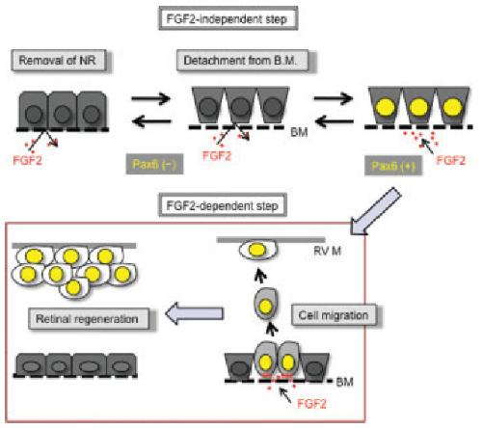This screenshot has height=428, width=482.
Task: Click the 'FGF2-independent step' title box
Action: (x=228, y=19)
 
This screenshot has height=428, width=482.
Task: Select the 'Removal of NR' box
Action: (x=59, y=60)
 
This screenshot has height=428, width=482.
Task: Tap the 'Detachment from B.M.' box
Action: (x=242, y=61)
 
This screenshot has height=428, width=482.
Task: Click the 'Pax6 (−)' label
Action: (x=154, y=164)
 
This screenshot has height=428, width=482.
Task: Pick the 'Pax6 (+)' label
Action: (x=392, y=166)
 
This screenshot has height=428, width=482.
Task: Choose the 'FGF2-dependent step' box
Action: (x=223, y=205)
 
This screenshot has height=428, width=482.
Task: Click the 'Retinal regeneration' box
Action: (x=89, y=319)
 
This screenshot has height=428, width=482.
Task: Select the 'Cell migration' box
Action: (x=334, y=315)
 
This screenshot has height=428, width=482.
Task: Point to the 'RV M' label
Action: (x=327, y=251)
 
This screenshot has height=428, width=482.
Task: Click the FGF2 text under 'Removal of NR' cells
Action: (x=28, y=160)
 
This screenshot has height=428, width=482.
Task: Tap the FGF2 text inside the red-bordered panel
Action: (x=311, y=404)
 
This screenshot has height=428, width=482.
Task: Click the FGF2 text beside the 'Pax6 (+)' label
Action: (x=451, y=160)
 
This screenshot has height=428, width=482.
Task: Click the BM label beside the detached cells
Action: (x=299, y=132)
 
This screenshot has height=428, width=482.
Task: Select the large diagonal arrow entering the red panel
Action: (x=375, y=211)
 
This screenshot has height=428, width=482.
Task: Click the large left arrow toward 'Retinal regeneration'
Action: (x=195, y=313)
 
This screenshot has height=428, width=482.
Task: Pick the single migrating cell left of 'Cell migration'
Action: (x=265, y=304)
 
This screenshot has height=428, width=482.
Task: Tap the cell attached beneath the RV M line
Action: (x=257, y=251)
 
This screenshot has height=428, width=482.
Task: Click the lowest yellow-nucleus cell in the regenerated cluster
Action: (x=73, y=287)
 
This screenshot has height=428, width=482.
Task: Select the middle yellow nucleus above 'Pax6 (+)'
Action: (x=418, y=107)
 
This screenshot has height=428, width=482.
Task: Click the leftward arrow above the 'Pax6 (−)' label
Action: (x=151, y=121)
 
